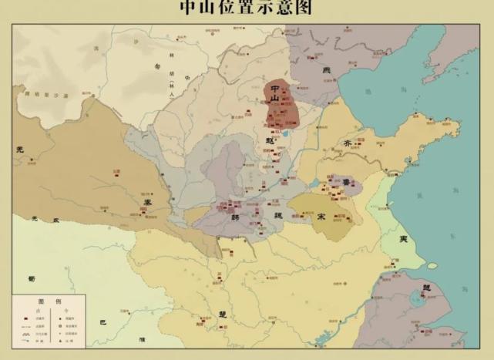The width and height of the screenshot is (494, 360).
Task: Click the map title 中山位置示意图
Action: (247, 8)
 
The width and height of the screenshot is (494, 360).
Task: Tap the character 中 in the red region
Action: (274, 89)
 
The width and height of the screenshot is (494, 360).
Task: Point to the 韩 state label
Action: (235, 217)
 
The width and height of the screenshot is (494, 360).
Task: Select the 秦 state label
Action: (147, 200)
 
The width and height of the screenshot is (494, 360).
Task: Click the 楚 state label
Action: (222, 315)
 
